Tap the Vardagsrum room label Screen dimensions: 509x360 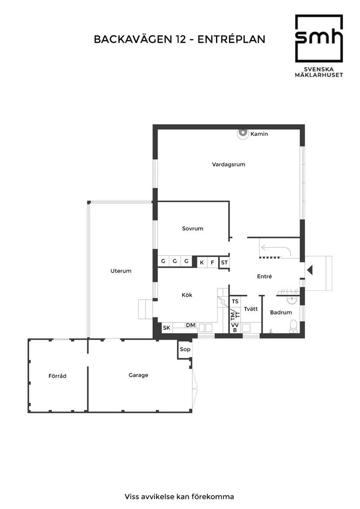click(229, 165)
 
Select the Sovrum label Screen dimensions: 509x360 click(192, 229)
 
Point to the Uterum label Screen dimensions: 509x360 click(121, 271)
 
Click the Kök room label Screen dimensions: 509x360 click(187, 295)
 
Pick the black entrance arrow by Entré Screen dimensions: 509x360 click(309, 270)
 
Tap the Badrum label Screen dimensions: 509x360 click(281, 313)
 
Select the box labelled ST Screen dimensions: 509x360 click(224, 262)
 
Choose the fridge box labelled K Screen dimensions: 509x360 click(202, 262)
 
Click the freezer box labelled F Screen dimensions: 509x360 click(213, 262)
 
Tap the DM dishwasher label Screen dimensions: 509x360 click(191, 325)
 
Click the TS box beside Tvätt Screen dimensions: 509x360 click(235, 301)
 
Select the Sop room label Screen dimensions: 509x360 click(185, 349)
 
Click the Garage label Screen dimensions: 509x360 click(138, 375)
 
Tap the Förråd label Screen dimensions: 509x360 click(58, 376)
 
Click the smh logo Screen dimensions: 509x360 click(319, 39)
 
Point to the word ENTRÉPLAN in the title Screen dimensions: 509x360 click(231, 40)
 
